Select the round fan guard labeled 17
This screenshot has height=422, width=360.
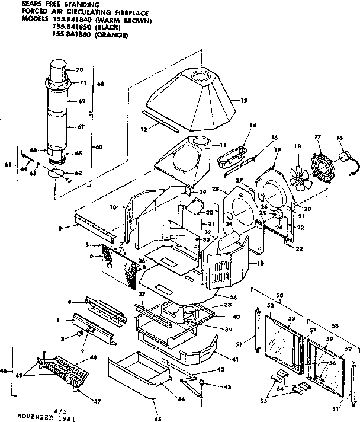tap(324, 161)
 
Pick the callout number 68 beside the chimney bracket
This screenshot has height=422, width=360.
tap(100, 84)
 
